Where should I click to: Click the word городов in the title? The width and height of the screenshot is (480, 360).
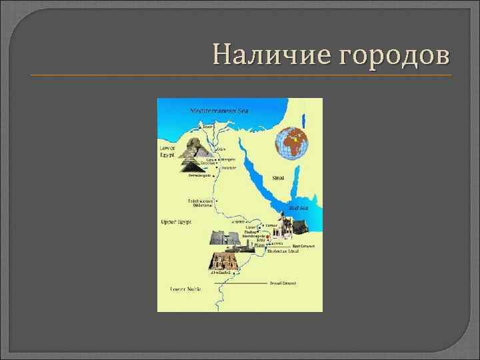[x=395, y=55]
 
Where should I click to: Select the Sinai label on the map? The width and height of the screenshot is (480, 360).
[x=278, y=179]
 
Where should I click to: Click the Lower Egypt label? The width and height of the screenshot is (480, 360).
[x=167, y=151]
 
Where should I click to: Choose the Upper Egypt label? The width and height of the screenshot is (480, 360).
[x=175, y=221]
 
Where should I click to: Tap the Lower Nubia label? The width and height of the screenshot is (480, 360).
[x=185, y=289]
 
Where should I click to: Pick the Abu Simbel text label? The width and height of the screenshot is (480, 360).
[x=221, y=273]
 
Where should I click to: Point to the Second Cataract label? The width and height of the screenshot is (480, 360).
[x=284, y=283]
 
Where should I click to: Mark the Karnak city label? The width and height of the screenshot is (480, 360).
[x=273, y=226]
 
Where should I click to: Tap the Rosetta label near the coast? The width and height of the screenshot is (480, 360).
[x=207, y=125]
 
